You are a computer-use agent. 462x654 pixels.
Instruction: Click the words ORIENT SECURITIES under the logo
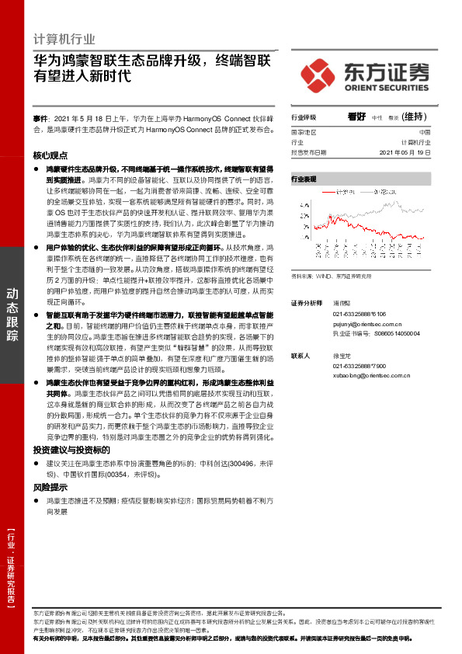385,88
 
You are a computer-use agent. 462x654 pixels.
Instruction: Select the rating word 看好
356,117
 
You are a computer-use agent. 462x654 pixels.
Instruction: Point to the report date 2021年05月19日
405,153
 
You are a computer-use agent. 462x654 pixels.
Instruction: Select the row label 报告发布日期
309,153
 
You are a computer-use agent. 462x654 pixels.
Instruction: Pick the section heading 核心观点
51,155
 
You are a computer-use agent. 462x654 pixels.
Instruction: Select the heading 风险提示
50,487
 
